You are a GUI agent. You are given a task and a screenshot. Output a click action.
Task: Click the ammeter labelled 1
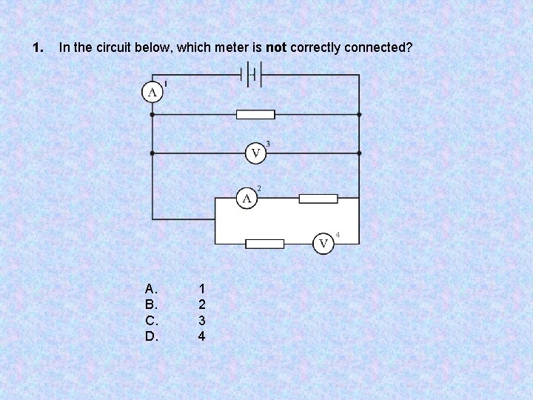tap(152, 92)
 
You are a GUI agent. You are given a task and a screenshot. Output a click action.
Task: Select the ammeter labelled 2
tap(247, 199)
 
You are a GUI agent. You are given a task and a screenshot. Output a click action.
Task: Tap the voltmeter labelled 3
tap(255, 153)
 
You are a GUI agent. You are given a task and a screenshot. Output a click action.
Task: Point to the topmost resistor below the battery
tap(255, 115)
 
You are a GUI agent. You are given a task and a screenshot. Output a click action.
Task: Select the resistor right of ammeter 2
tap(318, 199)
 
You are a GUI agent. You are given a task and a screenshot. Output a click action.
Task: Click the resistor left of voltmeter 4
tap(264, 244)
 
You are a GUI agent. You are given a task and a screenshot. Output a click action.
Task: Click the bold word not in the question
tap(276, 48)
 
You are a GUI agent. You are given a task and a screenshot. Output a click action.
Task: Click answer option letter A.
tap(151, 288)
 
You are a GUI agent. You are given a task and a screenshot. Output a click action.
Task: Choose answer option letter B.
tap(151, 304)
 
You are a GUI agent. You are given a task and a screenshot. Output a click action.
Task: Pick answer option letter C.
tap(151, 321)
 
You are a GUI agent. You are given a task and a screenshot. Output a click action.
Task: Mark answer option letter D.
tap(151, 336)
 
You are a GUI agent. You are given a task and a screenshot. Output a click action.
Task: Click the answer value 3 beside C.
tap(202, 321)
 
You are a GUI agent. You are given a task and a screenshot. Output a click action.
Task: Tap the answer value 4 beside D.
tap(202, 336)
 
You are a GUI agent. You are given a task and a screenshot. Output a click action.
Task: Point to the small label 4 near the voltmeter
tap(338, 235)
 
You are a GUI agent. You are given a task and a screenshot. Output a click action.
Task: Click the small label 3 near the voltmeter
tap(267, 144)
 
